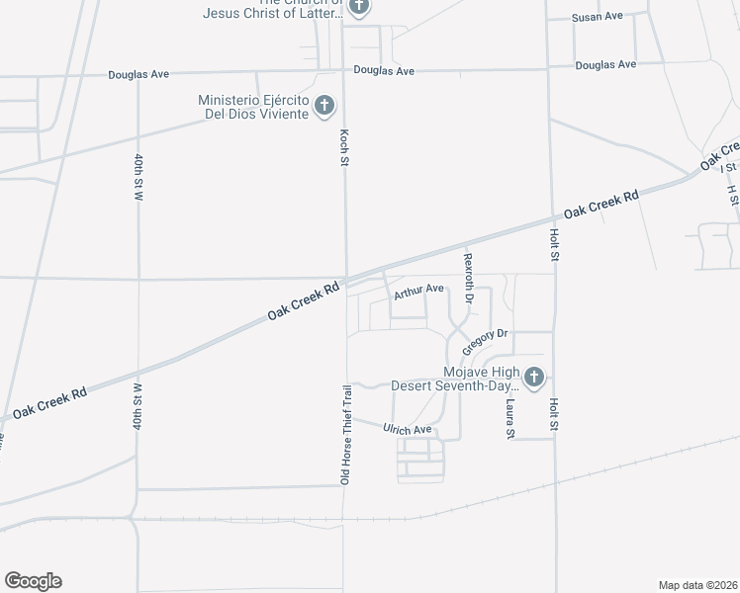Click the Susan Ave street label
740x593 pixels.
pyautogui.click(x=597, y=17)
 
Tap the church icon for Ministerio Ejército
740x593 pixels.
pyautogui.click(x=324, y=106)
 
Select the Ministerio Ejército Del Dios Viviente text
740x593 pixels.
pyautogui.click(x=254, y=106)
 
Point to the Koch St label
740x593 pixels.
pyautogui.click(x=344, y=147)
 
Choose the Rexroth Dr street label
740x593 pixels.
pyautogui.click(x=469, y=278)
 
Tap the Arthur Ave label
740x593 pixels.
pyautogui.click(x=418, y=292)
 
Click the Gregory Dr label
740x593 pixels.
pyautogui.click(x=485, y=337)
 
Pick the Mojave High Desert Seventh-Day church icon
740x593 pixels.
pyautogui.click(x=534, y=377)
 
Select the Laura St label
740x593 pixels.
pyautogui.click(x=510, y=418)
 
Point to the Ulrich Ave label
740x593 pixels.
pyautogui.click(x=408, y=429)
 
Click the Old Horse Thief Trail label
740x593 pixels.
pyautogui.click(x=346, y=434)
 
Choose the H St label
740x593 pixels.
pyautogui.click(x=732, y=195)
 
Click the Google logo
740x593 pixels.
pyautogui.click(x=33, y=581)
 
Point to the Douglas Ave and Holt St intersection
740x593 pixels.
pyautogui.click(x=548, y=69)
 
